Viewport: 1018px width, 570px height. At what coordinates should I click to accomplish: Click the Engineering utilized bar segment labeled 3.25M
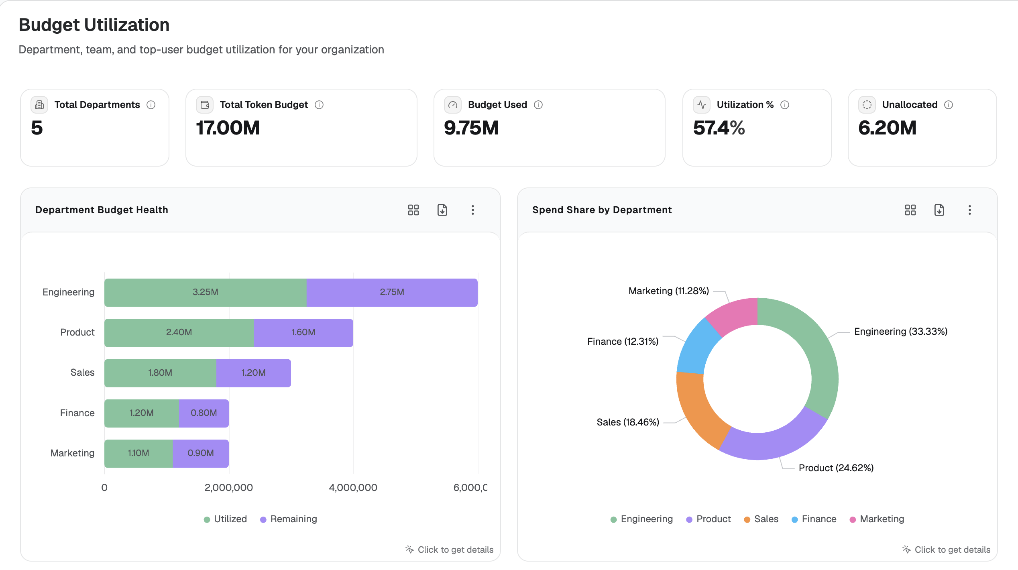click(206, 292)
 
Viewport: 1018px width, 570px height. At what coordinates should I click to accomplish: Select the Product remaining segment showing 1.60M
click(303, 332)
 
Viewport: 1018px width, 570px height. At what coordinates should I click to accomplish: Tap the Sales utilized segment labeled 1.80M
click(160, 373)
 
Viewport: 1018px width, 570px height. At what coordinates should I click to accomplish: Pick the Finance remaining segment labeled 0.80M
click(204, 413)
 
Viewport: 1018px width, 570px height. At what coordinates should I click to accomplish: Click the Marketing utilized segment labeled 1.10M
click(138, 453)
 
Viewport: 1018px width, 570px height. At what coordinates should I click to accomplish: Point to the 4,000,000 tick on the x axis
click(353, 487)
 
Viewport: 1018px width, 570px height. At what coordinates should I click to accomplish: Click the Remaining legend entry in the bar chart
click(289, 519)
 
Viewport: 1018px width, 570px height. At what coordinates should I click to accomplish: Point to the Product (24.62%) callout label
click(836, 468)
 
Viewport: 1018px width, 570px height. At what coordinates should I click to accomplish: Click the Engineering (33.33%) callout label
click(901, 332)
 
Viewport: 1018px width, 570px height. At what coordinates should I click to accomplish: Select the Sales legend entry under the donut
click(761, 519)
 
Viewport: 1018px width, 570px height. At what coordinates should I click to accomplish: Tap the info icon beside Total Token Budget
click(319, 105)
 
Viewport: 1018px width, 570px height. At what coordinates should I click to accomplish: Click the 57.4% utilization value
click(719, 128)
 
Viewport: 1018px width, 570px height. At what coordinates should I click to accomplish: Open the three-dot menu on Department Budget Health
click(473, 210)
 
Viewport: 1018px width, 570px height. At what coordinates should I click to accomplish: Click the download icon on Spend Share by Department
click(939, 210)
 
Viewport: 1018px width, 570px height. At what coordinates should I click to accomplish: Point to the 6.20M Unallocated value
click(888, 128)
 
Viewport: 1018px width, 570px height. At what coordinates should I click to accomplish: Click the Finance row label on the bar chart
click(77, 413)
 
